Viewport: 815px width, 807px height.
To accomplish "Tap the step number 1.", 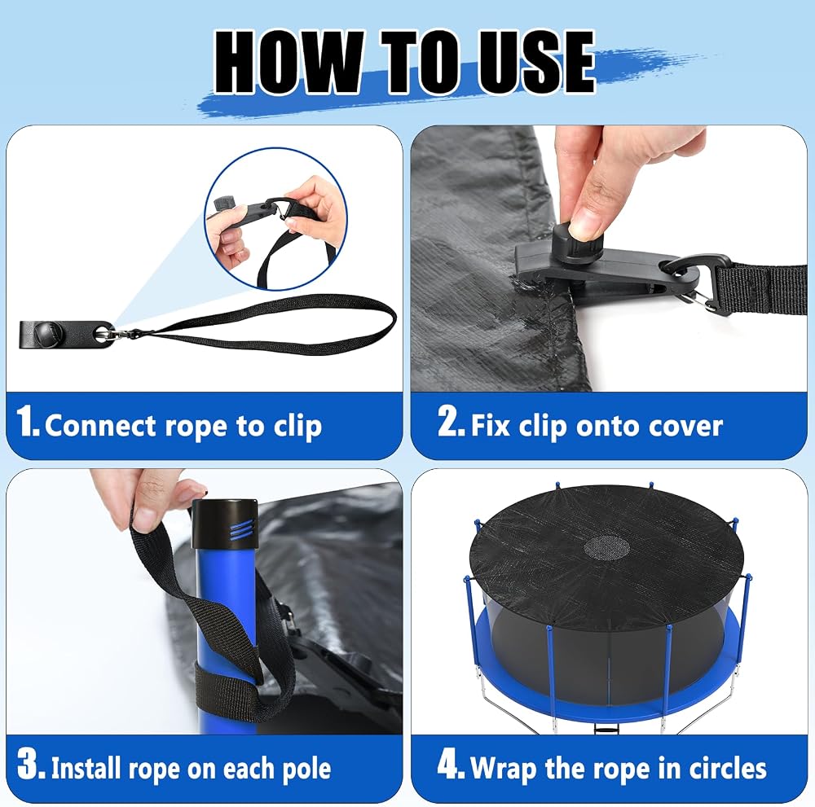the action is (28, 421).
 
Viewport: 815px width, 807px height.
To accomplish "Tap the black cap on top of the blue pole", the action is (225, 524).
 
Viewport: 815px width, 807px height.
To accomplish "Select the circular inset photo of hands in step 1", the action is (276, 218).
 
